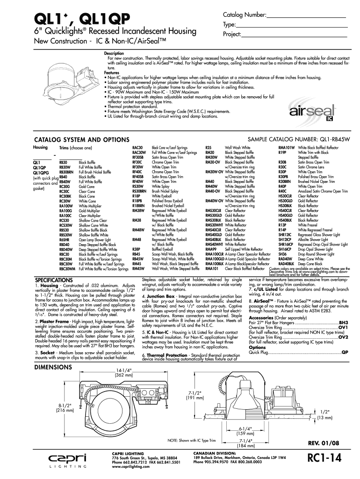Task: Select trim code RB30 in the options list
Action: (x=64, y=162)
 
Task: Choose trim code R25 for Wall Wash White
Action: (x=209, y=147)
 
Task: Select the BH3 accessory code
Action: (x=343, y=323)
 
